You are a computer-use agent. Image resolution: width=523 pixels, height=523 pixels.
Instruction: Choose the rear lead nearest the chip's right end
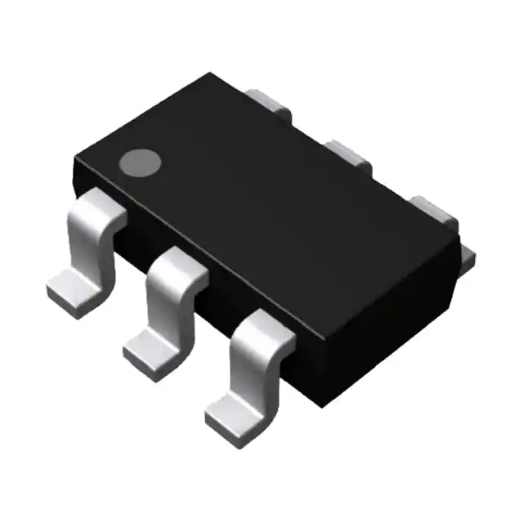(433, 208)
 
